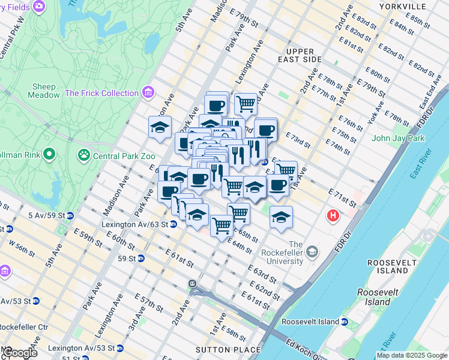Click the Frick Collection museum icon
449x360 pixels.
coord(148,93)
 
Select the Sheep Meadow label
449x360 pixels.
coord(44,91)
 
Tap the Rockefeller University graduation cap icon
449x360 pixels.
coord(312,253)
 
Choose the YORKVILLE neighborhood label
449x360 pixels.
coord(402,6)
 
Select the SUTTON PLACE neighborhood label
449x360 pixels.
coord(229,349)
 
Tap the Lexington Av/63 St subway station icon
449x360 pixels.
coord(172,224)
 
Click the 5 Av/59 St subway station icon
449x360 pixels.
coord(70,215)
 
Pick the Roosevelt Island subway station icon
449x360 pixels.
coord(345,322)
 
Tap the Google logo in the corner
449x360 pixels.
coord(19,353)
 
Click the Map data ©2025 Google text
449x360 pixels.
coord(412,355)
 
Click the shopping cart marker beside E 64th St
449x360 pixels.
coord(221,226)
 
